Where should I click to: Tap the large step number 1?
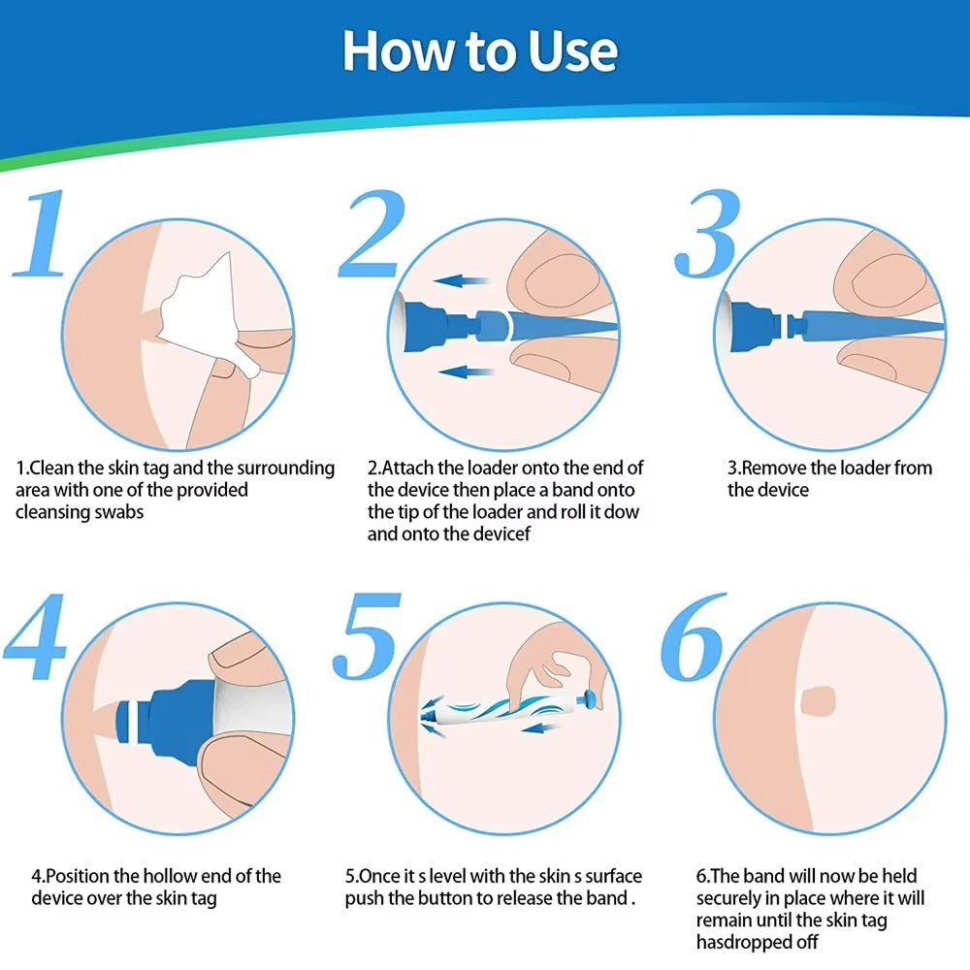pyautogui.click(x=41, y=236)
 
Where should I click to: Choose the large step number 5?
pyautogui.click(x=366, y=640)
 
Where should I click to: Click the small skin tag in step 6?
pyautogui.click(x=821, y=697)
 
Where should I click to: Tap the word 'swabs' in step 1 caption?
pyautogui.click(x=117, y=512)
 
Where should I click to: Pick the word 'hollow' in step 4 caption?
pyautogui.click(x=178, y=876)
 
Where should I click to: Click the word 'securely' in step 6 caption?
pyautogui.click(x=732, y=898)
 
